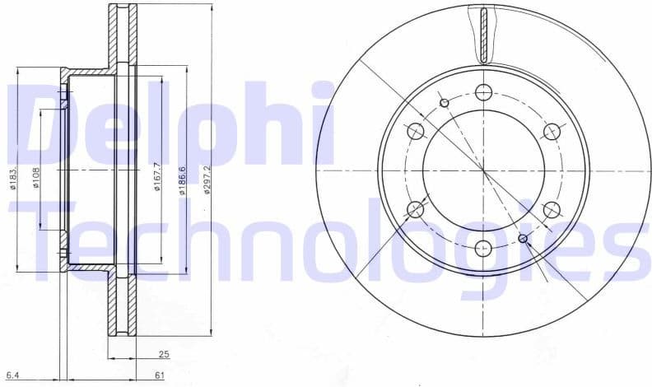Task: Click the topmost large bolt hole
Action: click(x=483, y=91)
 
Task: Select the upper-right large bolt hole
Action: click(x=551, y=131)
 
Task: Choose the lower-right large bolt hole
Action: click(x=551, y=209)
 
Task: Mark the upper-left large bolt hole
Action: click(x=416, y=131)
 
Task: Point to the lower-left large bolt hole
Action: click(x=416, y=209)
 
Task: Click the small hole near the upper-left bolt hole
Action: click(x=445, y=103)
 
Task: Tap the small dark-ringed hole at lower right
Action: click(x=522, y=239)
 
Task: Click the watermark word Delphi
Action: click(x=173, y=124)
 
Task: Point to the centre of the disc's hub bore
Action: click(x=483, y=170)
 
